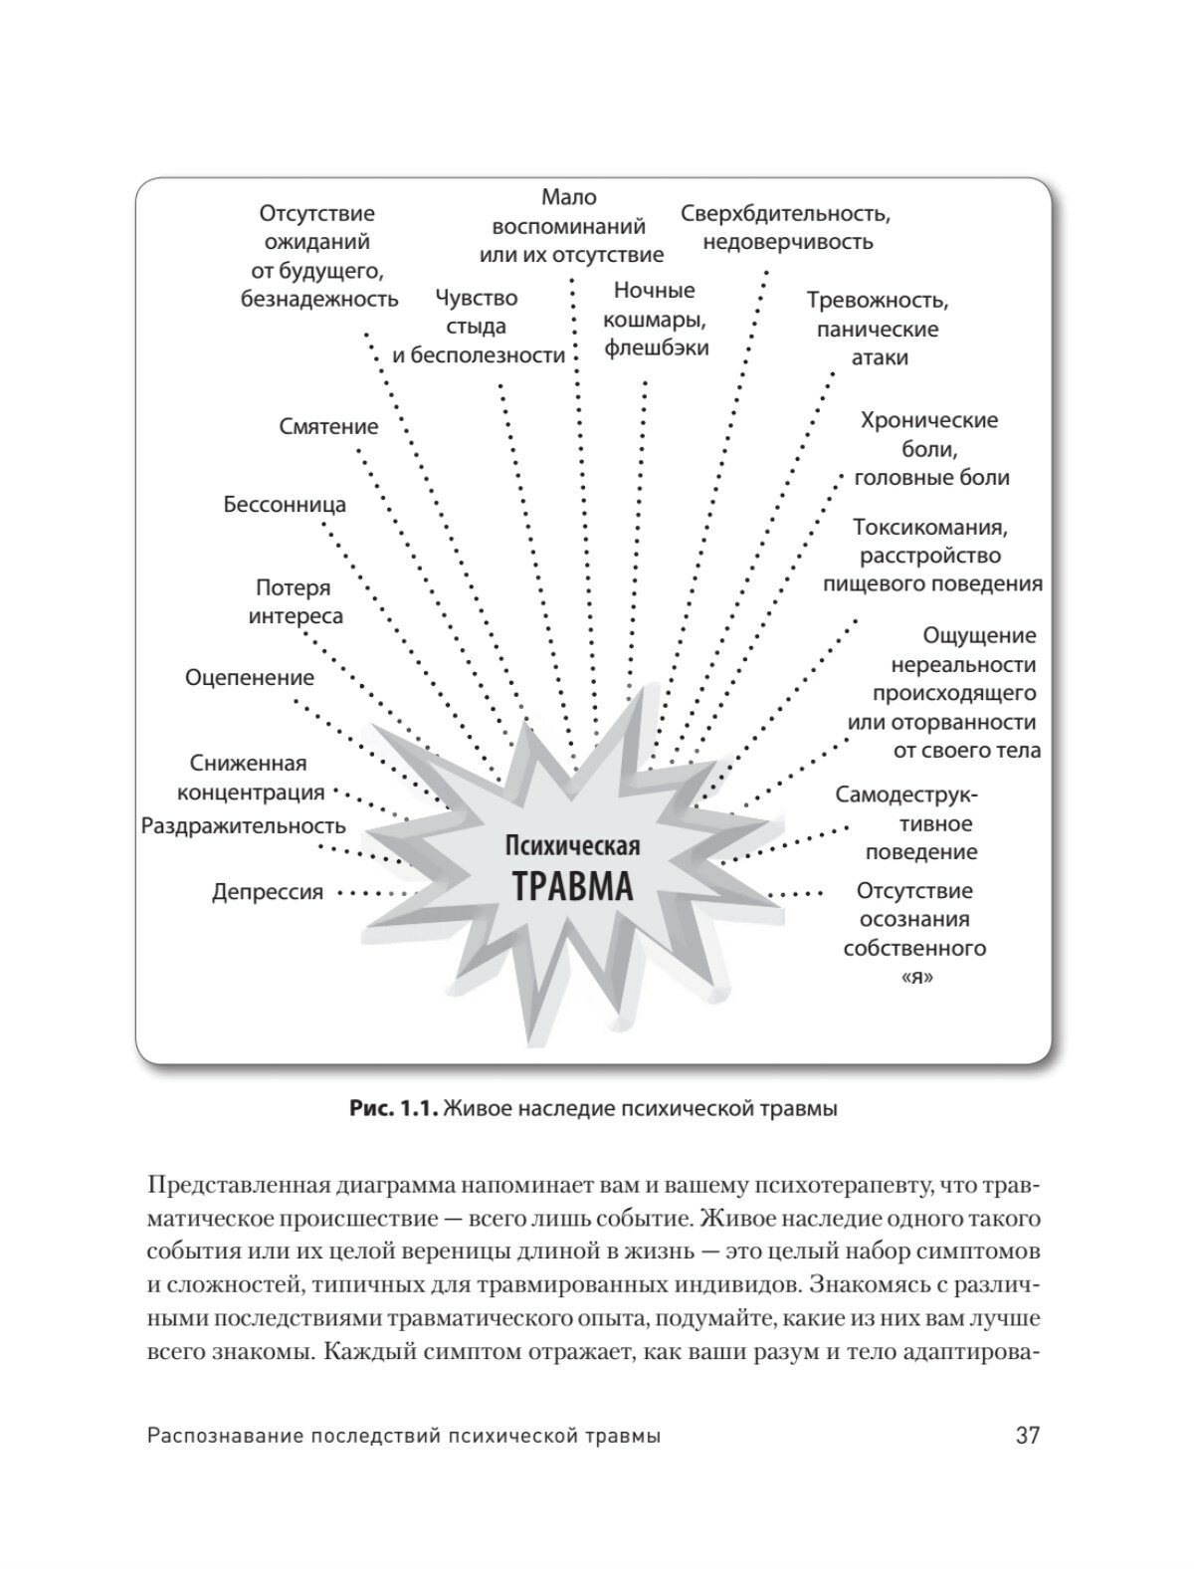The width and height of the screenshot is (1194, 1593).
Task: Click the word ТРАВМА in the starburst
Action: coord(572,885)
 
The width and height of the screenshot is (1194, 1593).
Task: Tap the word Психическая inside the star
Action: coord(572,847)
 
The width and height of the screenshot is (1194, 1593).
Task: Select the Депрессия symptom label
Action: coord(268,892)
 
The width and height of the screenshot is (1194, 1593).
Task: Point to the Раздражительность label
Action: coord(244,825)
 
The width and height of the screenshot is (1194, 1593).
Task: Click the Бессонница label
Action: coord(285,504)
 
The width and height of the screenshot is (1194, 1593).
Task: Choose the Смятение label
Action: coord(328,426)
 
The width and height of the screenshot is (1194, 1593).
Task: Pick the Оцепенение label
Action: coord(250,677)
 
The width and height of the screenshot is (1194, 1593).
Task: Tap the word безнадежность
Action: coord(319,298)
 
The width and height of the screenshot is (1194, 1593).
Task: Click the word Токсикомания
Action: coord(930,527)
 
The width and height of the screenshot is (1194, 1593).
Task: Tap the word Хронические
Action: coord(928,420)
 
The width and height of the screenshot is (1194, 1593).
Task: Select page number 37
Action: coord(1027,1436)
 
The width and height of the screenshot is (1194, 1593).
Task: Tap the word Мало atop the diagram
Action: coord(569,197)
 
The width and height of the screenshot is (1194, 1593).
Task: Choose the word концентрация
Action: coord(251,792)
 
